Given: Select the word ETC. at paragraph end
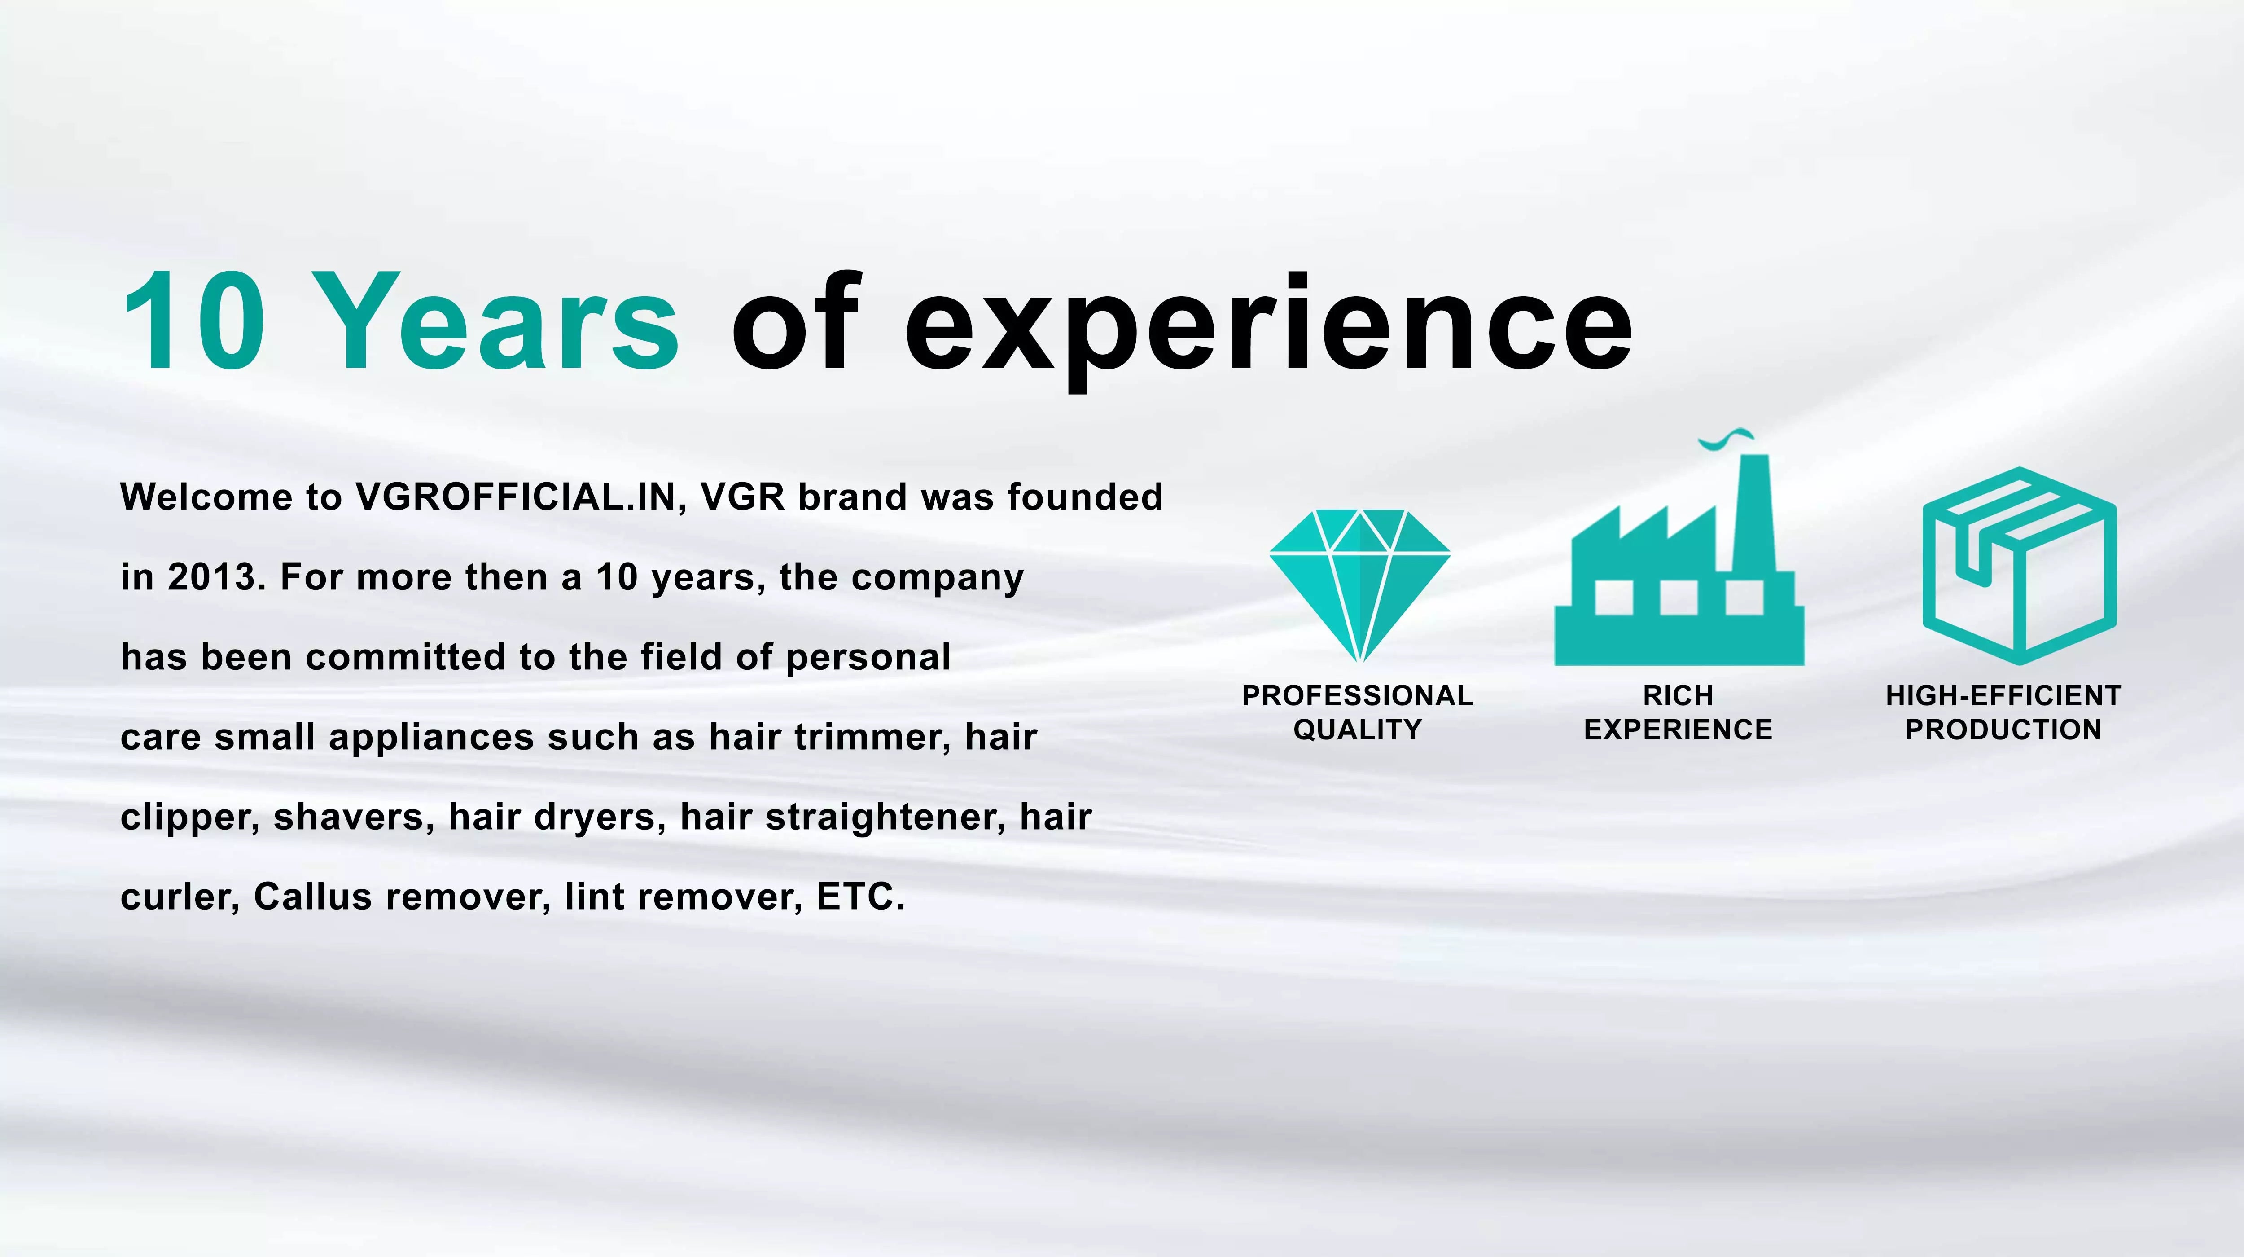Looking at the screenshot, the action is click(861, 897).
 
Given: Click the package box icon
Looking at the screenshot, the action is click(2019, 566).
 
